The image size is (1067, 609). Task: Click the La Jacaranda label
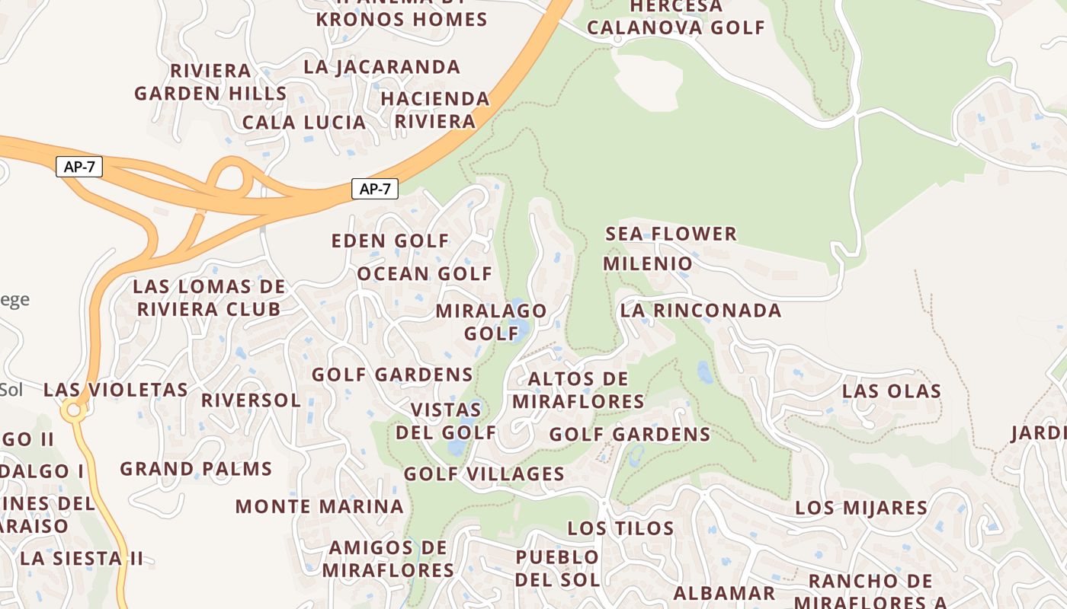pos(382,67)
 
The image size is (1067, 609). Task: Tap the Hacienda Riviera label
pos(435,110)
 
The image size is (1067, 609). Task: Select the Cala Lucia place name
pos(304,122)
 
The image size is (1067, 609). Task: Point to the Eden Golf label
pos(390,241)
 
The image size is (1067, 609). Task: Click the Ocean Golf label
pos(425,274)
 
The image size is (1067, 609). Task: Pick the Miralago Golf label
pos(491,322)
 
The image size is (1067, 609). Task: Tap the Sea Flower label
pos(671,234)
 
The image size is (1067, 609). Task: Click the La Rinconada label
pos(700,311)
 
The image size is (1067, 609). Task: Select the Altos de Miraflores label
pos(578,390)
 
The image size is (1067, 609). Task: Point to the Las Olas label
pos(891,391)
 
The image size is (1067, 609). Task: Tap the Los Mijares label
pos(861,508)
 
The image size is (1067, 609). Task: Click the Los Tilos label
pos(620,528)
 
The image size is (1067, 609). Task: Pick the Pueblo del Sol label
pos(557,568)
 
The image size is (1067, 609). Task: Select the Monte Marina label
pos(319,506)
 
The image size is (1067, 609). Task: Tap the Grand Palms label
pos(196,469)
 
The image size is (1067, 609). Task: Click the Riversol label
pos(251,400)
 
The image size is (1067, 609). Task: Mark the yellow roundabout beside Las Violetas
pos(74,411)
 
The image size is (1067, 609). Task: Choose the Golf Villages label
pos(484,474)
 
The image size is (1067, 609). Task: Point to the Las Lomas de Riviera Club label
pos(209,298)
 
